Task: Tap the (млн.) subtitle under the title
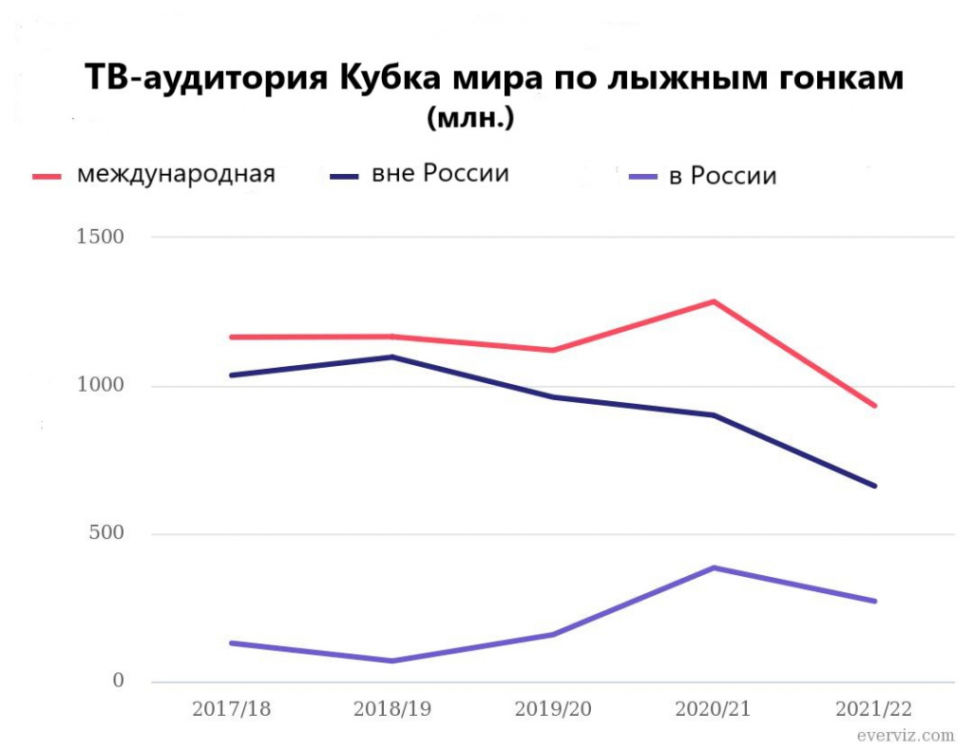[471, 119]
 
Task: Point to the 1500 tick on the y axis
[100, 237]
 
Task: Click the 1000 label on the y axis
[100, 385]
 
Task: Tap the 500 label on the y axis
[105, 532]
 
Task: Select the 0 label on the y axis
[119, 681]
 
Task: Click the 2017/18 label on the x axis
[231, 709]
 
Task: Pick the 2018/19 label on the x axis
[391, 709]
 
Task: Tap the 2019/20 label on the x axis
[553, 709]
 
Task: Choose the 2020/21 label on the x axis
[714, 709]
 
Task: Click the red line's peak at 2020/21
[714, 301]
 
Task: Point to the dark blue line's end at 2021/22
[874, 486]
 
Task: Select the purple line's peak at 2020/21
[714, 567]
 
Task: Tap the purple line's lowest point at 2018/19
[391, 661]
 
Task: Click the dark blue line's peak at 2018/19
[391, 356]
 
